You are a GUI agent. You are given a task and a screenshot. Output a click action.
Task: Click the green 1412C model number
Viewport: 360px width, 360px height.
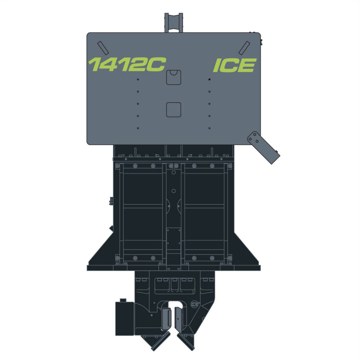pyautogui.click(x=127, y=64)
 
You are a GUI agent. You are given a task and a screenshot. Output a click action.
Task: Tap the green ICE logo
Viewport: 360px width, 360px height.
pyautogui.click(x=235, y=65)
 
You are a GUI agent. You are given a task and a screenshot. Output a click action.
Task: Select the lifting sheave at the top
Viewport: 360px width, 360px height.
pyautogui.click(x=174, y=22)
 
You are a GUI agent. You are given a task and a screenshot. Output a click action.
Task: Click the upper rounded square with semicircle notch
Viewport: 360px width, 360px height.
pyautogui.click(x=174, y=77)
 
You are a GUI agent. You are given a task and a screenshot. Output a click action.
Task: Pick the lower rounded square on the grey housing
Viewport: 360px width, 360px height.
pyautogui.click(x=174, y=109)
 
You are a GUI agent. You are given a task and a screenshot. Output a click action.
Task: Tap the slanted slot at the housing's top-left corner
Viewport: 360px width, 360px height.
pyautogui.click(x=103, y=48)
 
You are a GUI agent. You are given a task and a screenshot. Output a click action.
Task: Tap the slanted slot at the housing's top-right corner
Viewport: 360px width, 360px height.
pyautogui.click(x=244, y=48)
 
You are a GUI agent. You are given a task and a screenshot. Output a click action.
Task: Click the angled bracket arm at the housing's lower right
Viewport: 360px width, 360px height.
pyautogui.click(x=264, y=147)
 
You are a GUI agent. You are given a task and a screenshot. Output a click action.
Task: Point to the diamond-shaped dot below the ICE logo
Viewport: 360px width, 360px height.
pyautogui.click(x=210, y=80)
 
